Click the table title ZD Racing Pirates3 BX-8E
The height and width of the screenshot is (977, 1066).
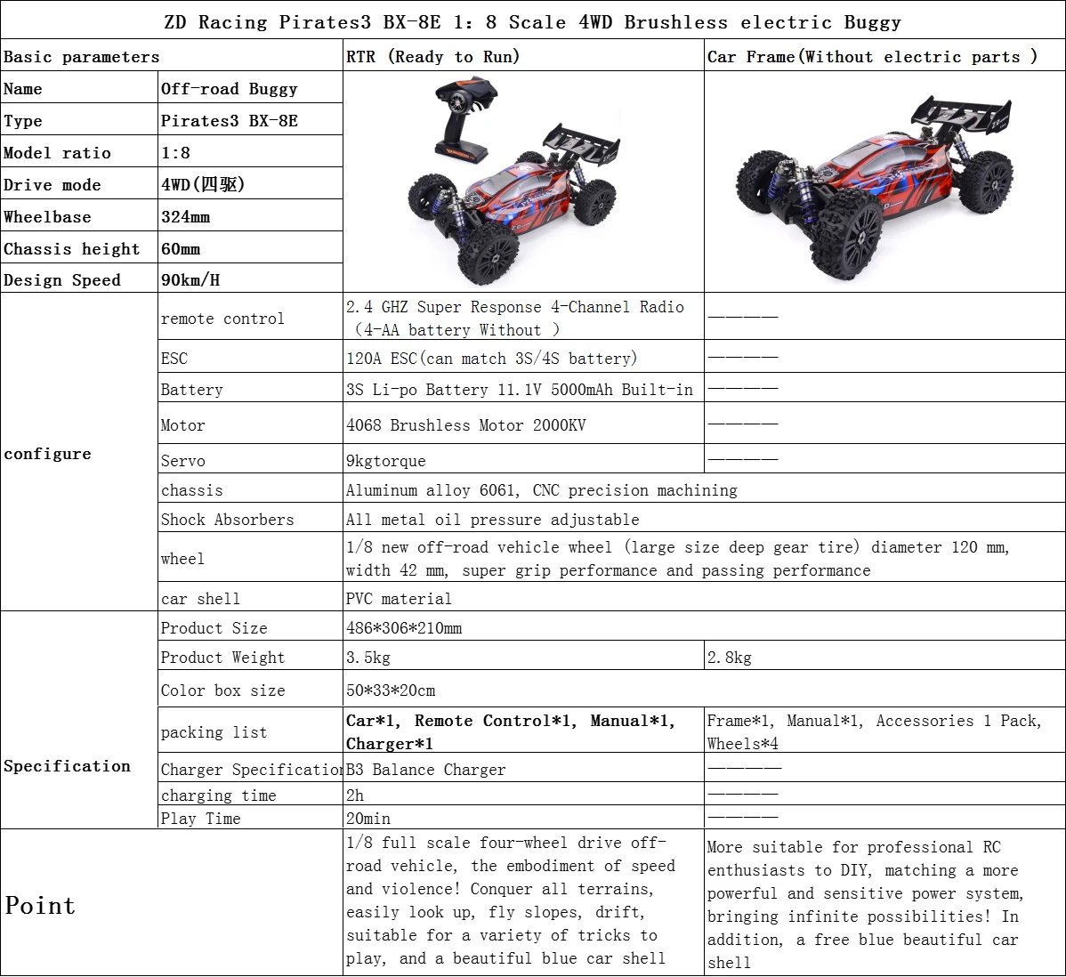click(x=532, y=21)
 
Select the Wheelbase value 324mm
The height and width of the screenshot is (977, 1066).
click(x=186, y=217)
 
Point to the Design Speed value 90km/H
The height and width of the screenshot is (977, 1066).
click(x=190, y=280)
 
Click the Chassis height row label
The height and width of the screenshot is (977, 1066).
click(x=72, y=249)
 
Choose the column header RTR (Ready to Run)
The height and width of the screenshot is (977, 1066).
click(x=432, y=57)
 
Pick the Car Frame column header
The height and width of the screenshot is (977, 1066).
click(x=872, y=57)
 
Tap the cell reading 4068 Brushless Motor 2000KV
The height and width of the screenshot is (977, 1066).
click(x=466, y=425)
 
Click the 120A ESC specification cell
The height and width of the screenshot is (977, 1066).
click(x=492, y=359)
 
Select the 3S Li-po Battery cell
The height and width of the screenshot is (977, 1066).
click(x=520, y=390)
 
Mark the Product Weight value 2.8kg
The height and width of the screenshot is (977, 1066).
click(x=730, y=658)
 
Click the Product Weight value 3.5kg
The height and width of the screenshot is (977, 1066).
click(x=368, y=658)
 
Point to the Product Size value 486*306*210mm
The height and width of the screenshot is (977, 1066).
click(x=404, y=628)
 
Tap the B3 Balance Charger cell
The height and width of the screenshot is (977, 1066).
click(x=425, y=770)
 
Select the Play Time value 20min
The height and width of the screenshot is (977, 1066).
click(x=368, y=819)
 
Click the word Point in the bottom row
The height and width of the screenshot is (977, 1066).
click(x=40, y=906)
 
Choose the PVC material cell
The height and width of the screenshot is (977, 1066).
click(x=399, y=599)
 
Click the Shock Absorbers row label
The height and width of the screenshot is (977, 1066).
click(x=227, y=520)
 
